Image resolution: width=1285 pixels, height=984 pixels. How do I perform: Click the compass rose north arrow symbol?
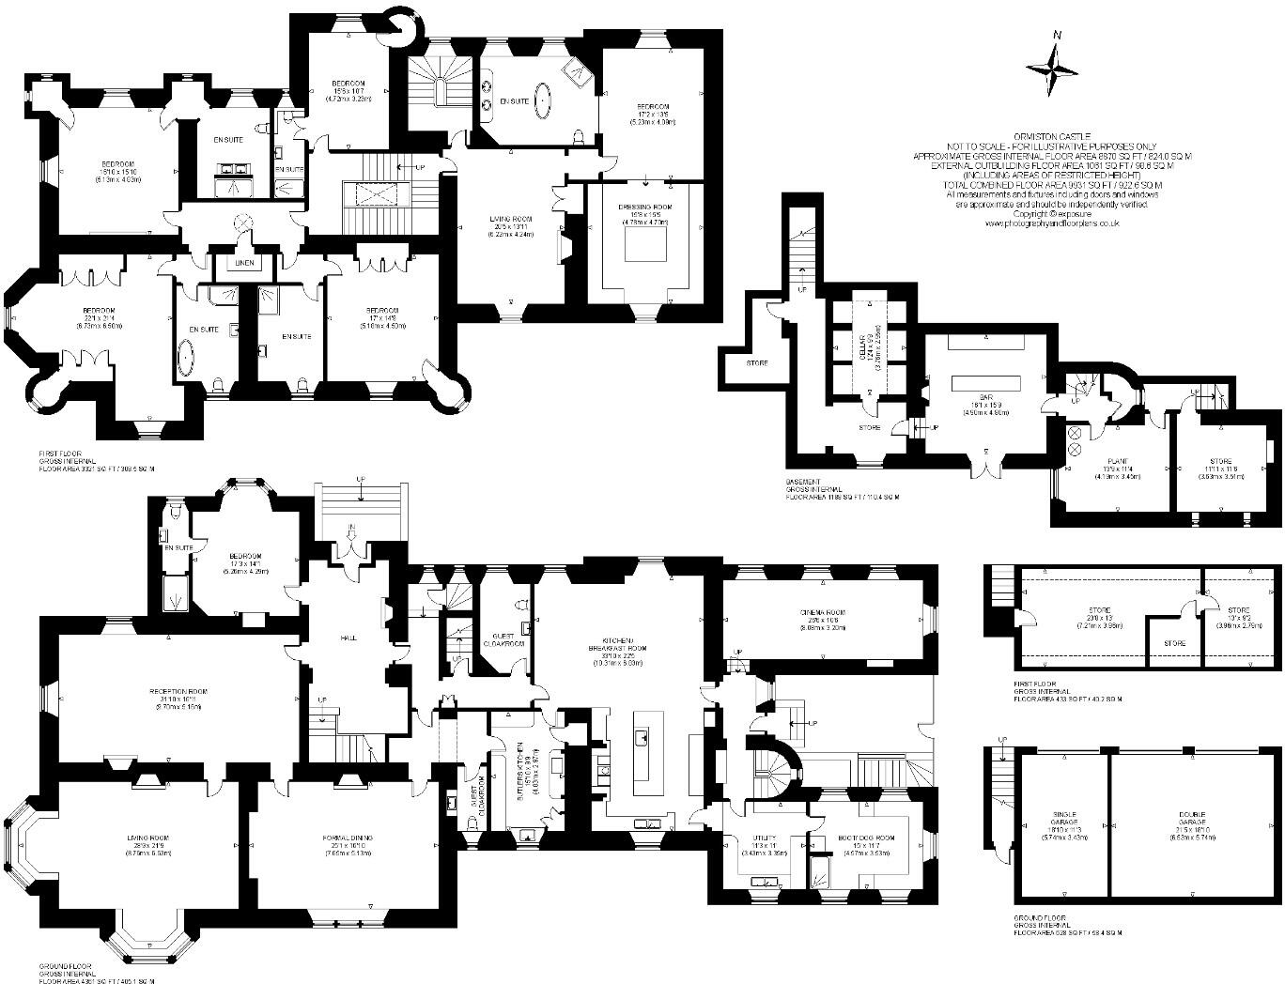pos(1053,66)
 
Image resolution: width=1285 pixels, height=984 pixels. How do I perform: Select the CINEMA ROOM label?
pos(824,612)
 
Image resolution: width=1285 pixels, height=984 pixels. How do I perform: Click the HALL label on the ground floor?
pos(347,637)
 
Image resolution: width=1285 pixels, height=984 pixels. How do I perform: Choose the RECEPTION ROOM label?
pos(178,691)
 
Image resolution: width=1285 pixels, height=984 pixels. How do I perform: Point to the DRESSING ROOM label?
pos(644,207)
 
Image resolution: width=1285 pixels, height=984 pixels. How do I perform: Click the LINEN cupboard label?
pos(244,263)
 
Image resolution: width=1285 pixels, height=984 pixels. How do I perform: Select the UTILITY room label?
pos(763,838)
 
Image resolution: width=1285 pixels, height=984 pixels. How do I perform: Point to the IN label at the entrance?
pos(349,529)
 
